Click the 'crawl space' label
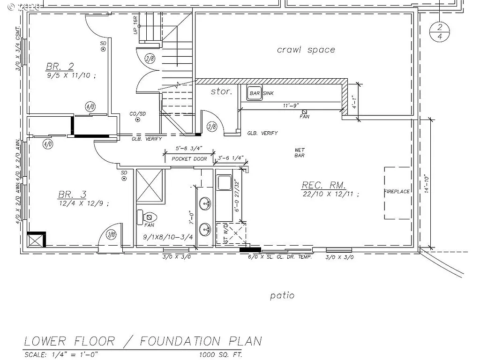tap(306, 50)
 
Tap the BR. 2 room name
tap(60, 66)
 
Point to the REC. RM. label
tap(323, 185)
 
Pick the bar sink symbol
tap(255, 93)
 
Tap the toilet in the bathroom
tap(149, 217)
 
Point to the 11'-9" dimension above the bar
tap(291, 106)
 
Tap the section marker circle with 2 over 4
tap(440, 31)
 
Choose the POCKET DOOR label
tap(188, 159)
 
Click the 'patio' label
tap(283, 295)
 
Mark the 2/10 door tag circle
tap(112, 235)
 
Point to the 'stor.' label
tap(221, 91)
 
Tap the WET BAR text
tap(299, 153)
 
